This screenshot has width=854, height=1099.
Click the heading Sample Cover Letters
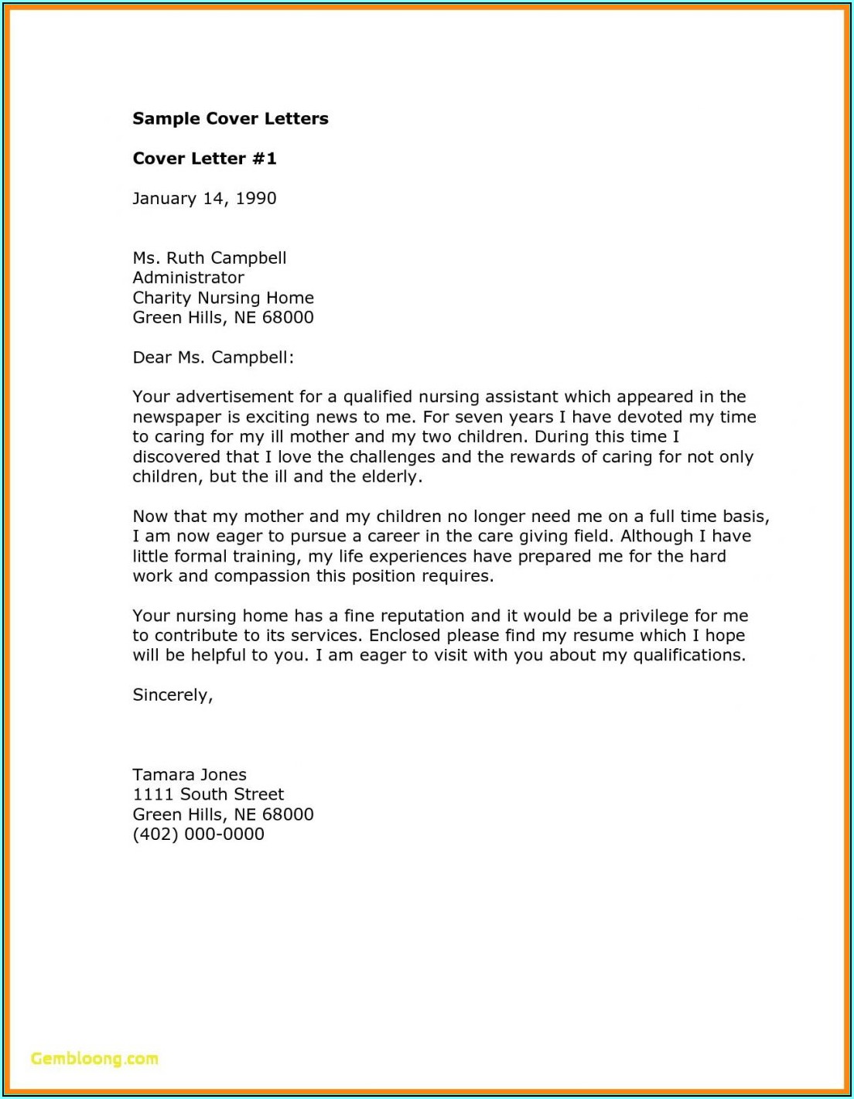point(231,118)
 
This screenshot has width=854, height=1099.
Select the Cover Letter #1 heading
point(204,159)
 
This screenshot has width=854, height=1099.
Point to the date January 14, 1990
point(204,199)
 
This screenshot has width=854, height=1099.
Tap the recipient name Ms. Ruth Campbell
point(210,258)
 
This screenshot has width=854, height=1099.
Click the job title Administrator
point(188,278)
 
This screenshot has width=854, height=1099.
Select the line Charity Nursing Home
point(223,298)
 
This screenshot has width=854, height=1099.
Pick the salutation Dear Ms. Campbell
point(213,357)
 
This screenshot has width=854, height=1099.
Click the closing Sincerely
point(172,695)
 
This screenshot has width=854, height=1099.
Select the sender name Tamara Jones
point(190,775)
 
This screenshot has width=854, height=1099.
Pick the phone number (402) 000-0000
point(198,834)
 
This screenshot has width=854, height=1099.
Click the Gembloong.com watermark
point(94,1059)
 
